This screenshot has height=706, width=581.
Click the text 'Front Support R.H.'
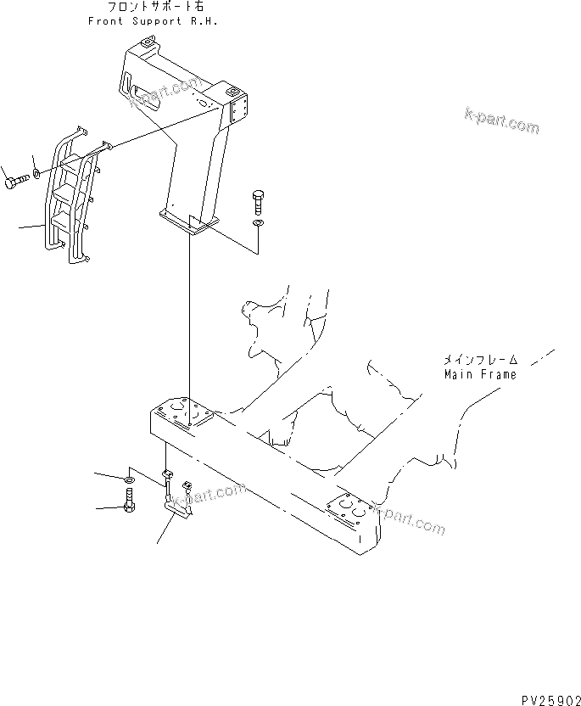click(x=152, y=21)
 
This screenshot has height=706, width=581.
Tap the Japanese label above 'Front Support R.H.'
click(x=153, y=8)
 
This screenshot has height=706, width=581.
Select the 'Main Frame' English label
click(x=479, y=373)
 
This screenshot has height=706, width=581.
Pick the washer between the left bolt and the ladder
click(x=38, y=176)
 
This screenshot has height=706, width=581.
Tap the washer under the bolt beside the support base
click(x=259, y=224)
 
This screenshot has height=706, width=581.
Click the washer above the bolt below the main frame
click(x=127, y=481)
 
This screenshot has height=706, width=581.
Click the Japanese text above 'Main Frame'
click(x=479, y=359)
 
